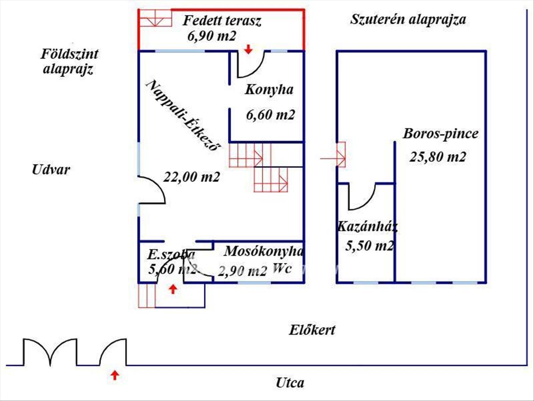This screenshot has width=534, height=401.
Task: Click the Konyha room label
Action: click(x=269, y=90)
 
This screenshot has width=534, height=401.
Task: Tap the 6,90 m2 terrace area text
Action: click(x=211, y=36)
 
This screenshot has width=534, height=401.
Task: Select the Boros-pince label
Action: click(x=441, y=134)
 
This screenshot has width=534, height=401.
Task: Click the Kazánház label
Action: click(x=367, y=226)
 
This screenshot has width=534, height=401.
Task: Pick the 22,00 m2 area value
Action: click(x=192, y=177)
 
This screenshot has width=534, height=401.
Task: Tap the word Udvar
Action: click(x=51, y=169)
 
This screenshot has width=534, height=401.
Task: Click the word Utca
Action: click(x=290, y=382)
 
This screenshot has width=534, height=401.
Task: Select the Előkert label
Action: click(x=312, y=331)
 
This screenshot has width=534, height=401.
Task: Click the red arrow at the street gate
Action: click(x=115, y=375)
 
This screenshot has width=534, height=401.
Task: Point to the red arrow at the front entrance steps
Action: click(x=172, y=290)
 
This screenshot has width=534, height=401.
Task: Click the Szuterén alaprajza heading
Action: click(x=408, y=20)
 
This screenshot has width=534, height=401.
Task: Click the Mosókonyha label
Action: click(x=263, y=251)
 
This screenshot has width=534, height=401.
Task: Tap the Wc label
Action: click(x=282, y=268)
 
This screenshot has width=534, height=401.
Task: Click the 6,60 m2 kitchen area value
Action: click(x=270, y=115)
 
